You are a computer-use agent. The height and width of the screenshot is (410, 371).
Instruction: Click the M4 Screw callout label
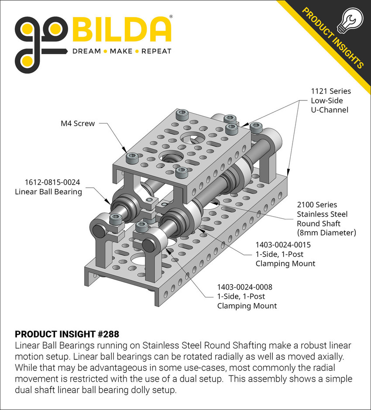[x=78, y=124]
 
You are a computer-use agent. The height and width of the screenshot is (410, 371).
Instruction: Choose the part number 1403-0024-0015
[x=283, y=245]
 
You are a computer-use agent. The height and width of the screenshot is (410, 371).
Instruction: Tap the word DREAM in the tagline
[x=87, y=51]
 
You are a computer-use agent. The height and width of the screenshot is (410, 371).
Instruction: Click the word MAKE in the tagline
[x=121, y=51]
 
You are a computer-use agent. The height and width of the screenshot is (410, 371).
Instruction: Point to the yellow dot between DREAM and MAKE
[x=104, y=52]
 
